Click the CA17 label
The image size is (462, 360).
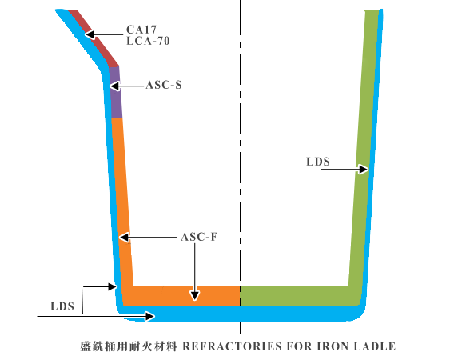point(141,30)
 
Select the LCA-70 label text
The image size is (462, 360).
point(148,41)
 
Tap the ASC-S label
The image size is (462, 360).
point(164,85)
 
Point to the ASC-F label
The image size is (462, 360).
point(199,237)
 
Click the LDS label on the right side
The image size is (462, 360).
point(318,162)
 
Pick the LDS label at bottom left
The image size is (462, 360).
point(62,306)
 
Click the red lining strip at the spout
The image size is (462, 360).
point(93,37)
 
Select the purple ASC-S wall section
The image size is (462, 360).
point(115,92)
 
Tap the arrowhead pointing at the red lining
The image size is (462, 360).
point(90,34)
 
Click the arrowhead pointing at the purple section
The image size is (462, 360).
point(114,86)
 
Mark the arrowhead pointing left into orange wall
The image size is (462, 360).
point(124,237)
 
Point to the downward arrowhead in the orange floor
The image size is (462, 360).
point(195,295)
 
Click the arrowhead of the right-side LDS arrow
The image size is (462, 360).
point(364,170)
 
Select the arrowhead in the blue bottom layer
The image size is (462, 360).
point(149,316)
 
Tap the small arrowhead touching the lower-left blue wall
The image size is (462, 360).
point(113,286)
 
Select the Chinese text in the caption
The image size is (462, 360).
point(129,346)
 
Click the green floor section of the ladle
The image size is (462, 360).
point(295,296)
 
